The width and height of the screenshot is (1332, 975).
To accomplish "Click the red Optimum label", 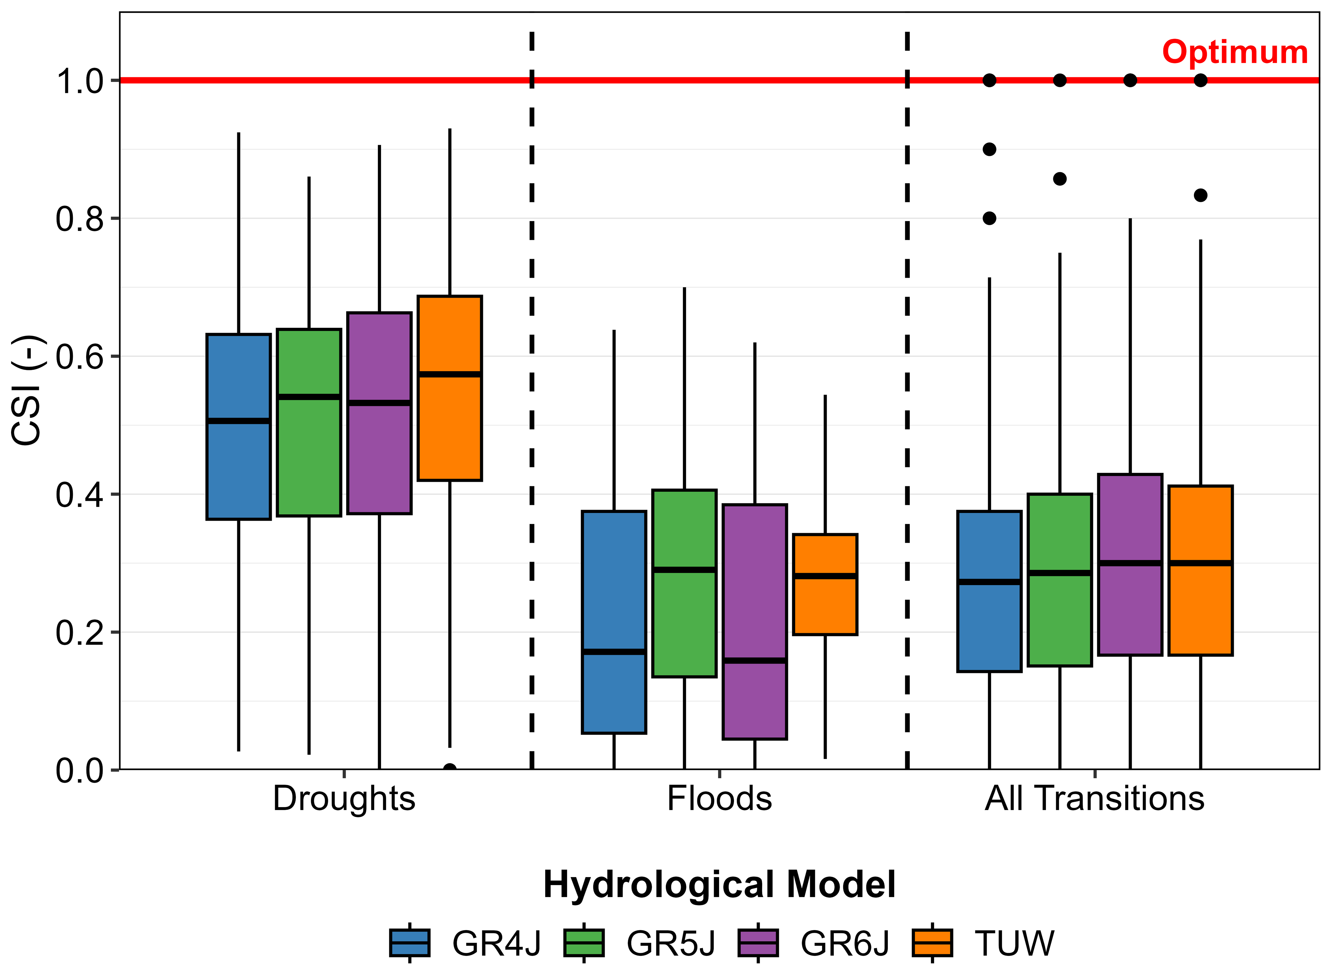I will (1235, 53).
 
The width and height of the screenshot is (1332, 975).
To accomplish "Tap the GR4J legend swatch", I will (410, 943).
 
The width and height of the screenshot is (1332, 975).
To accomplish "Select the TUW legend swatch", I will (932, 943).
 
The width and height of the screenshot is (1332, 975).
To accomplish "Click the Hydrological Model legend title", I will (719, 884).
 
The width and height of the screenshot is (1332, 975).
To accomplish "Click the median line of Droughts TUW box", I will (450, 374).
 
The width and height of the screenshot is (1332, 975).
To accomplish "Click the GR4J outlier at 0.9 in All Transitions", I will (990, 149).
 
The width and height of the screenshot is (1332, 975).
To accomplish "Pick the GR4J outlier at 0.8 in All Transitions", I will (990, 218).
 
